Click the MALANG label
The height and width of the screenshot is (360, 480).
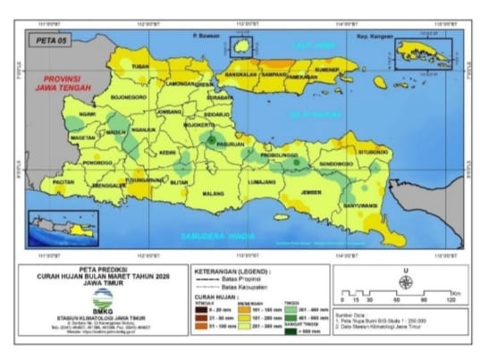[x=213, y=192]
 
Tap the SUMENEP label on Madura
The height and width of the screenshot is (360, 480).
[x=328, y=70]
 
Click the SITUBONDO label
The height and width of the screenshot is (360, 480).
[x=373, y=153]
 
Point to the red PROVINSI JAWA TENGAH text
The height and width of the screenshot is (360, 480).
[x=64, y=84]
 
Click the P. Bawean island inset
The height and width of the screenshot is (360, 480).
[x=240, y=46]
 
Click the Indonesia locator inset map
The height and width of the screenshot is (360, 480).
[x=62, y=228]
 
